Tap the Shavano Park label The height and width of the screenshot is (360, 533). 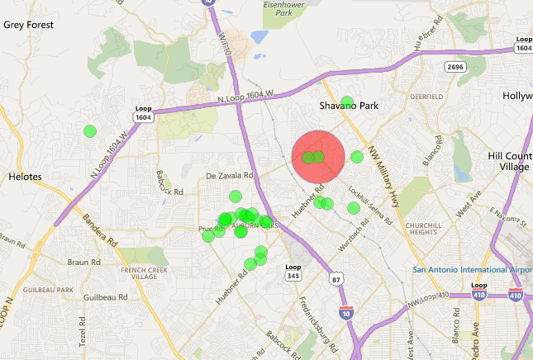click(x=348, y=107)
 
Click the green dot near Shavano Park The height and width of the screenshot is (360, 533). click(x=347, y=102)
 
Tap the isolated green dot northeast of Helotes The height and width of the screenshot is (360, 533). click(x=90, y=130)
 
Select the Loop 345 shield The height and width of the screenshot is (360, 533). click(x=293, y=272)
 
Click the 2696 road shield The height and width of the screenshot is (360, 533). click(x=454, y=65)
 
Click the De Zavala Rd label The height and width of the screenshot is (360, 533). click(x=229, y=176)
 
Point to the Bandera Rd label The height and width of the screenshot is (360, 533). click(x=98, y=230)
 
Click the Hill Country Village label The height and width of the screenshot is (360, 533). click(x=507, y=161)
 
